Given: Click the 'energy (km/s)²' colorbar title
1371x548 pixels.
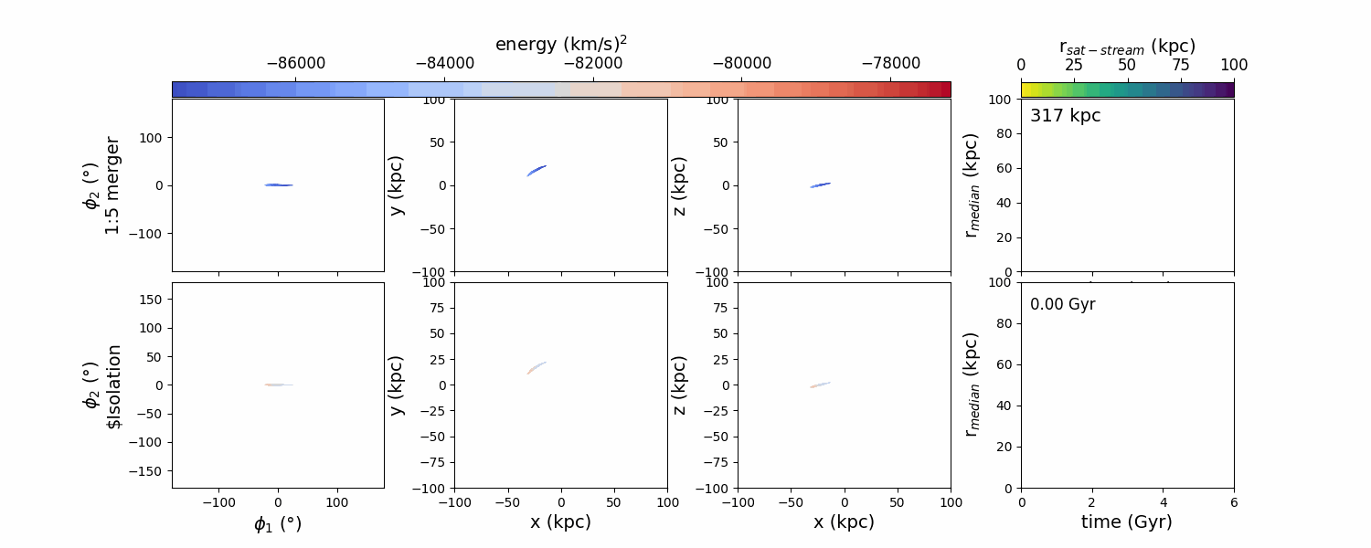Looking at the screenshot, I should point(560,44).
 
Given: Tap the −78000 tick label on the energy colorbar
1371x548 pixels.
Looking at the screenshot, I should point(891,65).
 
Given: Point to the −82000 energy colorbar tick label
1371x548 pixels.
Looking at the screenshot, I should point(593,65).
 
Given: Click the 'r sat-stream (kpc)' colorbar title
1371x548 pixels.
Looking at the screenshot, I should point(1127,46).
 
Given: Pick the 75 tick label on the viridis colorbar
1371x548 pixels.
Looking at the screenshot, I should point(1180,65).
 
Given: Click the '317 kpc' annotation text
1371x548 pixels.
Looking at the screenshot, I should point(1065,116).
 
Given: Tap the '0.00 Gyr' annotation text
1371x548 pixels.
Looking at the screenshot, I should point(1062,304).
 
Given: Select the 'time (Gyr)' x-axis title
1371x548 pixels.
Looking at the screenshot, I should point(1126,522).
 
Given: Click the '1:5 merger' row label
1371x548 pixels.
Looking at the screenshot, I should point(112,185).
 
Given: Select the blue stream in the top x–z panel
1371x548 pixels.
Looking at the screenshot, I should point(820,185).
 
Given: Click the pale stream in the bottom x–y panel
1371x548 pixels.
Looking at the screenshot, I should point(537,368).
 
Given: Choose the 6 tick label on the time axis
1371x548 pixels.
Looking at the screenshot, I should point(1233,501).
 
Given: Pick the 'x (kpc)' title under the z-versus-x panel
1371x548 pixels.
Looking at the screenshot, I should point(844,522).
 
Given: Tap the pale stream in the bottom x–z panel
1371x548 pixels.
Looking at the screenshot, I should point(820,385).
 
